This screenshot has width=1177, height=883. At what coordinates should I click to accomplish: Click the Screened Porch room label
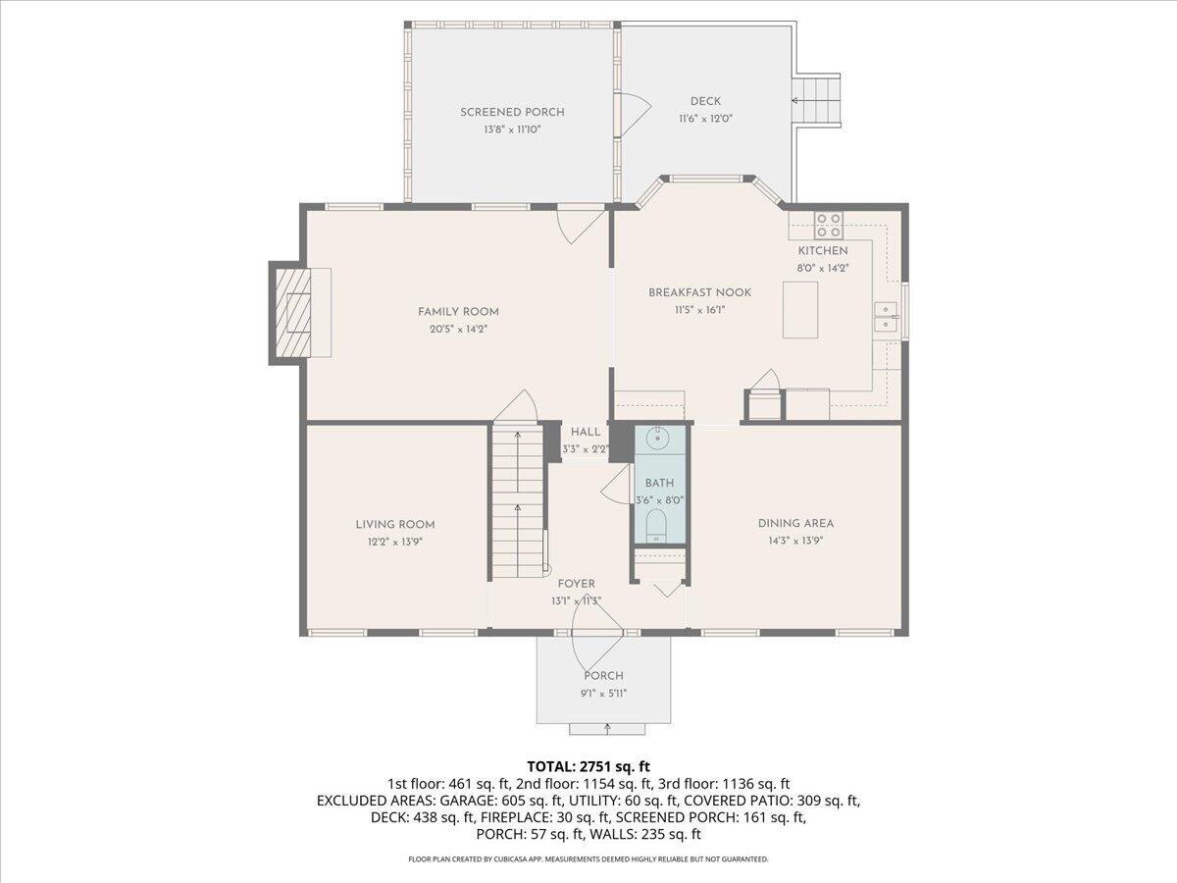tap(512, 112)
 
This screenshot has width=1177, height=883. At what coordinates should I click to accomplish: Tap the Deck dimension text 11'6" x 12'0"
tap(705, 118)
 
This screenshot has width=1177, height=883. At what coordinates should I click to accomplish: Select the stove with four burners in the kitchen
tap(829, 226)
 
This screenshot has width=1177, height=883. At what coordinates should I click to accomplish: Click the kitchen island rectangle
tap(800, 309)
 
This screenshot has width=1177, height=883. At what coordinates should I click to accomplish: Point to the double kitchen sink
tap(887, 316)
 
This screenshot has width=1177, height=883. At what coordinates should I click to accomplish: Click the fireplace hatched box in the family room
tap(291, 312)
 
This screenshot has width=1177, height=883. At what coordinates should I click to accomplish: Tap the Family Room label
tap(452, 312)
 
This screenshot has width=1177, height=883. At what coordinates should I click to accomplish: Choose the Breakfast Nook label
tap(699, 292)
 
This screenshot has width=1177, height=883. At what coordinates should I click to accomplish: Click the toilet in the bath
tap(657, 527)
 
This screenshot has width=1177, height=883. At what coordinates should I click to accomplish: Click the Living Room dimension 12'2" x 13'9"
tap(395, 541)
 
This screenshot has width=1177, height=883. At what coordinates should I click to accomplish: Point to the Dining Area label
tap(795, 523)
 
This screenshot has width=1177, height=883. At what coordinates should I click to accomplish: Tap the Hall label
tap(586, 432)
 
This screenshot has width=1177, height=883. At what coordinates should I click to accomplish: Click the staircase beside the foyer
tap(517, 500)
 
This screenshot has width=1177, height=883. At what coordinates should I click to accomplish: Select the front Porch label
tap(603, 675)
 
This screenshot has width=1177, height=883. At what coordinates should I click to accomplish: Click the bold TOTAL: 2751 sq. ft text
tap(588, 765)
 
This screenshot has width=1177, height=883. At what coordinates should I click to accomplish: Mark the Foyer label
tap(576, 584)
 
